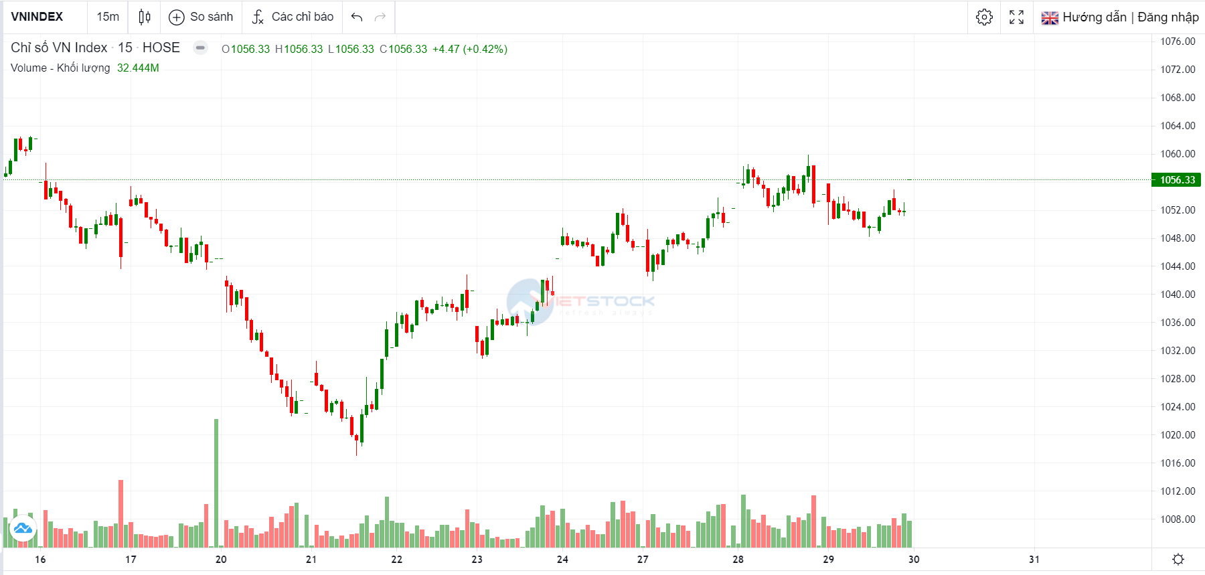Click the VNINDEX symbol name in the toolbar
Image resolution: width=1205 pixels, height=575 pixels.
(x=37, y=17)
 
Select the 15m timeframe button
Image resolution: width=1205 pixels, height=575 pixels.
(x=108, y=17)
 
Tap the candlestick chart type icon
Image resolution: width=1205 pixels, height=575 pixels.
(x=145, y=17)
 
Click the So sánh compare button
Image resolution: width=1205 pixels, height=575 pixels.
(x=202, y=17)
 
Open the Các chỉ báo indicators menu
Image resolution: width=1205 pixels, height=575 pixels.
(x=293, y=17)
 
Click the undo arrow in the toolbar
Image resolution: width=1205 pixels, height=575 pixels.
(x=357, y=17)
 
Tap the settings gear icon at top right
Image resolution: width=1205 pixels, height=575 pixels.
(x=984, y=17)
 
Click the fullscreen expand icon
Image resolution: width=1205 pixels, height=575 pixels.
(x=1016, y=17)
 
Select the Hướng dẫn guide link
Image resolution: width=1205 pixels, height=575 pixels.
(x=1094, y=17)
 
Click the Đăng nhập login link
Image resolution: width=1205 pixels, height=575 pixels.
(x=1168, y=17)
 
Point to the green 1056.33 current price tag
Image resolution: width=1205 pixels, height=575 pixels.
(x=1177, y=179)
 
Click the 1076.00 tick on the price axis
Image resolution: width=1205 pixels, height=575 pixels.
(x=1178, y=42)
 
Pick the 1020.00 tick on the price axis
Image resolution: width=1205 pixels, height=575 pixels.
(x=1178, y=434)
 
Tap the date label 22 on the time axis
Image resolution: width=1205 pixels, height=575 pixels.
(x=397, y=559)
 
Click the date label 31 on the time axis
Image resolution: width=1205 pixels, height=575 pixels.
(x=1034, y=559)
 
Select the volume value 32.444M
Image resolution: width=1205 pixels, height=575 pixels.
(x=138, y=68)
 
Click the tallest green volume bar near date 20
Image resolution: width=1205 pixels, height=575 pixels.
(x=216, y=482)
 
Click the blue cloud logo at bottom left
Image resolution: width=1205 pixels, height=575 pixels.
(x=23, y=529)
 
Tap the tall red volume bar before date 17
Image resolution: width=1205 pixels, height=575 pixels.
(x=121, y=512)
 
